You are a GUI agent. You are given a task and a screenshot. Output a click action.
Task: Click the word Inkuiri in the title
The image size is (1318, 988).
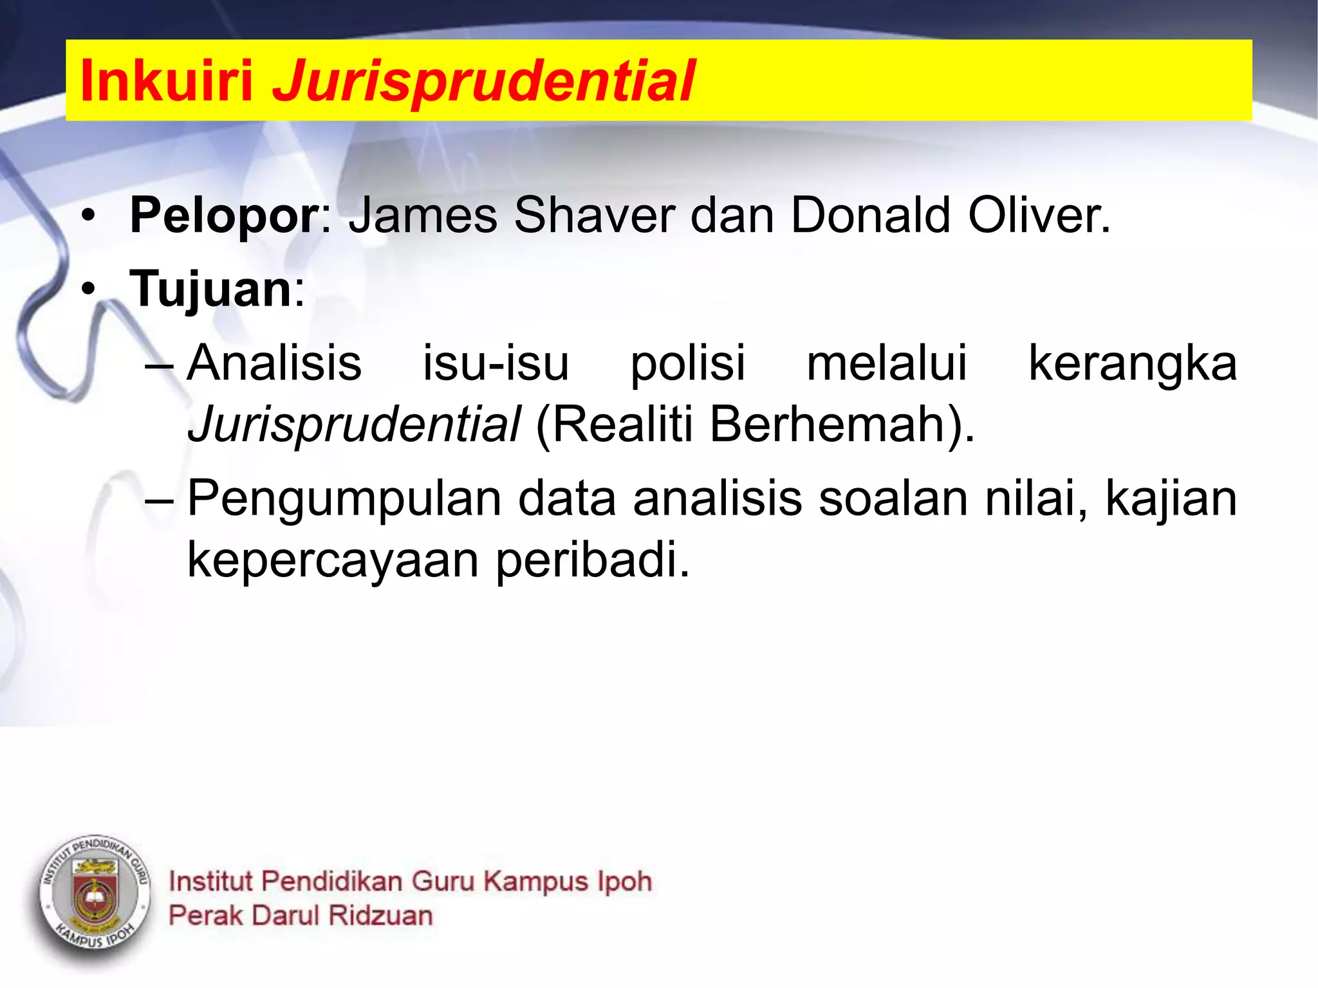(166, 81)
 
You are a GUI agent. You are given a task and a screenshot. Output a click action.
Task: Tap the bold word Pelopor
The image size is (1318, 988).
(224, 215)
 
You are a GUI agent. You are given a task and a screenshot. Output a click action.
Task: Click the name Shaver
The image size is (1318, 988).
(594, 215)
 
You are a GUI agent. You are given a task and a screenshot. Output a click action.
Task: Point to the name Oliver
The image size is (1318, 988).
(1038, 215)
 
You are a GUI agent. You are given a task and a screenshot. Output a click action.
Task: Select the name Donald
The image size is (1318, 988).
(870, 215)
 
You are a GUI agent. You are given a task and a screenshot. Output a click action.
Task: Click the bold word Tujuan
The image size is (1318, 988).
(211, 289)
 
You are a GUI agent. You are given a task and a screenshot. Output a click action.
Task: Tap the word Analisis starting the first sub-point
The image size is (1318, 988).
(275, 363)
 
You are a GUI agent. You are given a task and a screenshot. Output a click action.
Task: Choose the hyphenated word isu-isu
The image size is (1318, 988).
(496, 363)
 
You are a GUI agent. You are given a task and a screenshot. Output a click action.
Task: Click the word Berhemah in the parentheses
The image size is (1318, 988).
(827, 425)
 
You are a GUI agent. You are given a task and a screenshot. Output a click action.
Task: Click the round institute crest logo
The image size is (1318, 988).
(95, 897)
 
